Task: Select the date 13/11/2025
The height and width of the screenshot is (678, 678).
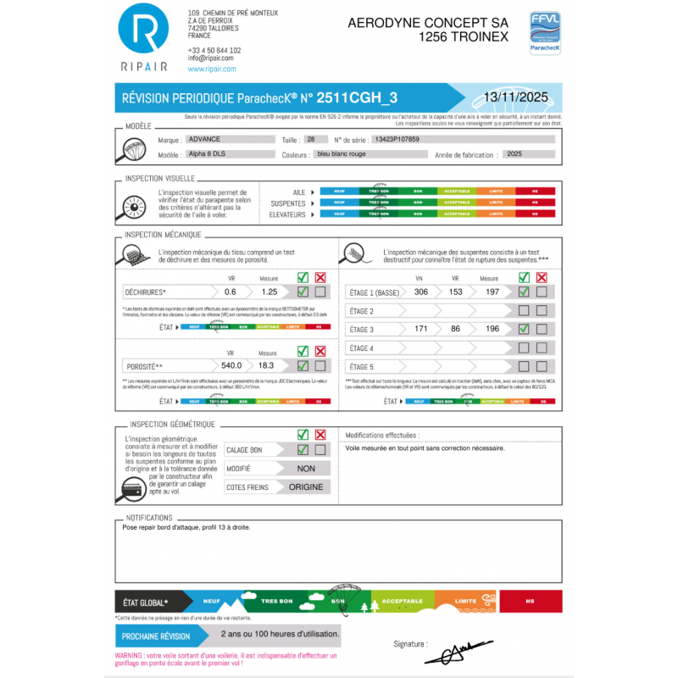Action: click(514, 98)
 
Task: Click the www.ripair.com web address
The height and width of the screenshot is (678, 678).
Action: click(212, 69)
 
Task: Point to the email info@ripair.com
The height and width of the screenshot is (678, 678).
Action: click(210, 58)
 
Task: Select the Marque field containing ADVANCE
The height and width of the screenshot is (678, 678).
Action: click(230, 139)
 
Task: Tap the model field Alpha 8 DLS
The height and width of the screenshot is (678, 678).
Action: click(230, 154)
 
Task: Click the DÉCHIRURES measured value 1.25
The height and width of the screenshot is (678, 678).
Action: click(270, 292)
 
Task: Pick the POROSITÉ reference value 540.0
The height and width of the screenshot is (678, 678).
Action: click(231, 365)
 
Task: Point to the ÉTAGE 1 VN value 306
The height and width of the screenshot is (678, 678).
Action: click(420, 292)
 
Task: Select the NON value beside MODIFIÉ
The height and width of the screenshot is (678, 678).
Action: click(306, 469)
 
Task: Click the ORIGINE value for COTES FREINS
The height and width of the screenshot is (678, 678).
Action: click(306, 487)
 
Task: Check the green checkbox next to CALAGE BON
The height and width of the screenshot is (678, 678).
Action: click(302, 450)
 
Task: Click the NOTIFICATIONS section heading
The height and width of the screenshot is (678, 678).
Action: click(149, 518)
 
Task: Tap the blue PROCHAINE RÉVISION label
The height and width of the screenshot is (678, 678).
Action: click(155, 636)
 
